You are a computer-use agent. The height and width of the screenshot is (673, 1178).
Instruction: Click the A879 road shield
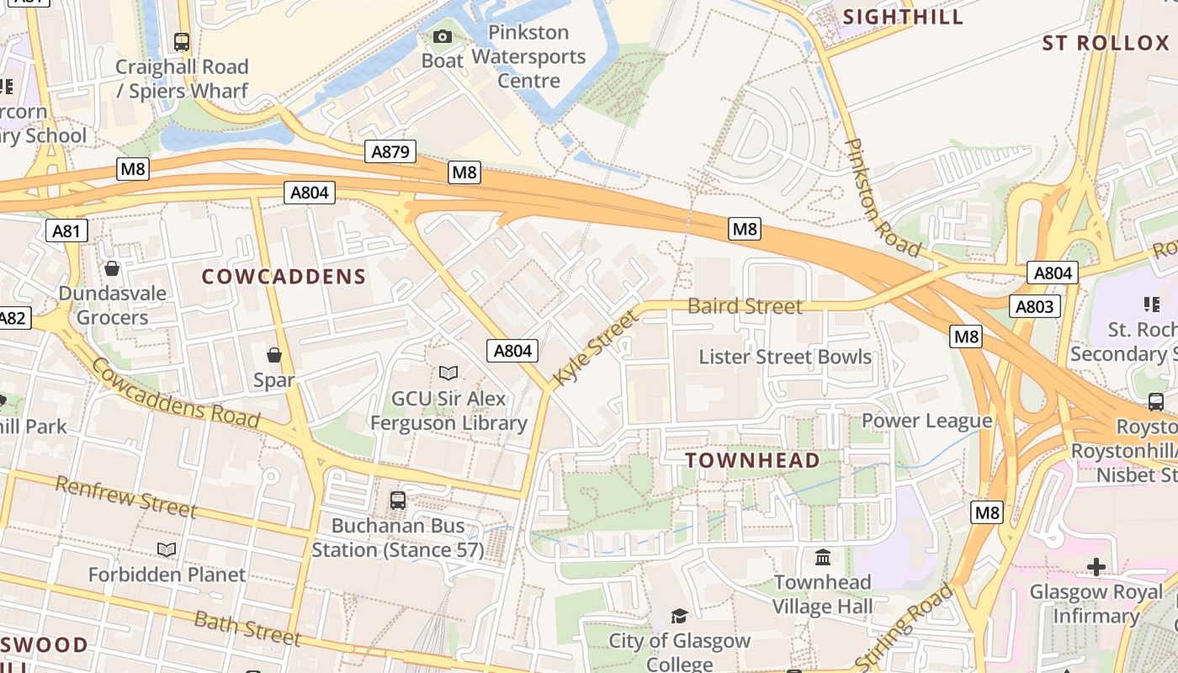(390, 151)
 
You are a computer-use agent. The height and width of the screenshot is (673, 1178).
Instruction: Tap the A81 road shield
(66, 231)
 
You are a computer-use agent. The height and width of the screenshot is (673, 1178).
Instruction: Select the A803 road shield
(1034, 306)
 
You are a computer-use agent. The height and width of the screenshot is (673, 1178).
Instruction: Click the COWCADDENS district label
(284, 277)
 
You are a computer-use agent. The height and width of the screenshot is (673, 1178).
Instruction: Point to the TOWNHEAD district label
(752, 460)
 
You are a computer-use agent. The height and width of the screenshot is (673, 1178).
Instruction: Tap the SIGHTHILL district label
(904, 17)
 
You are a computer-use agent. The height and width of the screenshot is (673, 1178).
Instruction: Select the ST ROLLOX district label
(1106, 43)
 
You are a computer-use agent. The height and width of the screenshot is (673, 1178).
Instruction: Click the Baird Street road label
(745, 306)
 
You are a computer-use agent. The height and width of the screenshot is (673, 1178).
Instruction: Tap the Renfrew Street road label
(125, 496)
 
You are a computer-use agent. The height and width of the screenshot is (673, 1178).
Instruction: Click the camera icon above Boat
(443, 36)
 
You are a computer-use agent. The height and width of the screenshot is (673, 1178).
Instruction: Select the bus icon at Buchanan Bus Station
(398, 501)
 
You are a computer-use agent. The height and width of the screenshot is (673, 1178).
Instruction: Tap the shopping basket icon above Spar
(274, 355)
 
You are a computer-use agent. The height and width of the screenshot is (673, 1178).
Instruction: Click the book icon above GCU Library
(448, 373)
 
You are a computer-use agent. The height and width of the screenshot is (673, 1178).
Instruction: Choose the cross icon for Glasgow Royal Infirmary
(1096, 567)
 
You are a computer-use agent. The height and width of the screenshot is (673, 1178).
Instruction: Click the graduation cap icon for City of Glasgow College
(679, 616)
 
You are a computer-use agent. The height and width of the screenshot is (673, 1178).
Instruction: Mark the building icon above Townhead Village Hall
(822, 557)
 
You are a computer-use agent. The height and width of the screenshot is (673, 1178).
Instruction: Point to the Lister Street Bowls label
(785, 357)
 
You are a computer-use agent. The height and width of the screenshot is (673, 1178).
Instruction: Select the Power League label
(926, 421)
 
